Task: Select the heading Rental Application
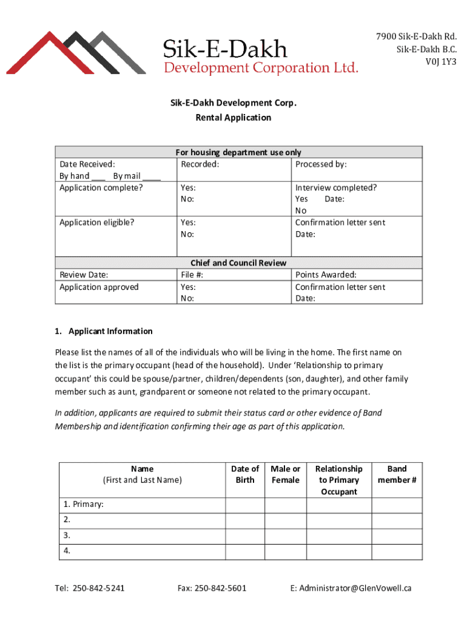[x=233, y=118]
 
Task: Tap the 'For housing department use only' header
[x=238, y=152]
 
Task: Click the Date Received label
[x=87, y=164]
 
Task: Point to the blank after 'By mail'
[x=152, y=176]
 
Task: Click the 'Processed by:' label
[x=321, y=164]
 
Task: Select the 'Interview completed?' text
[x=335, y=187]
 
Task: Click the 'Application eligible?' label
[x=97, y=223]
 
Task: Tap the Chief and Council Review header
[x=238, y=263]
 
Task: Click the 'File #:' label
[x=192, y=275]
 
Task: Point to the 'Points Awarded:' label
[x=326, y=275]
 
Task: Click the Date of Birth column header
[x=245, y=474]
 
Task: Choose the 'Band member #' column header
[x=397, y=474]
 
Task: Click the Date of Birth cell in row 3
[x=245, y=536]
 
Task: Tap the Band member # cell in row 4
[x=397, y=552]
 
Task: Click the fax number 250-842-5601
[x=212, y=588]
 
